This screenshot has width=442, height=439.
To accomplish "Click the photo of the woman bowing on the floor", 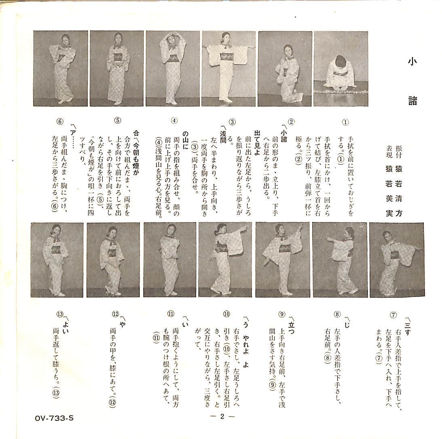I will [x=340, y=68].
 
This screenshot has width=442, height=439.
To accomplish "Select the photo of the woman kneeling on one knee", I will [x=284, y=68].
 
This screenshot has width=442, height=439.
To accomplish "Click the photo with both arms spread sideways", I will [x=228, y=68].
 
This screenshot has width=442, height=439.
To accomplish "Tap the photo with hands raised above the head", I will [x=173, y=68].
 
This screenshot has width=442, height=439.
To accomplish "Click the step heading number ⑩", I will [x=226, y=314].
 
